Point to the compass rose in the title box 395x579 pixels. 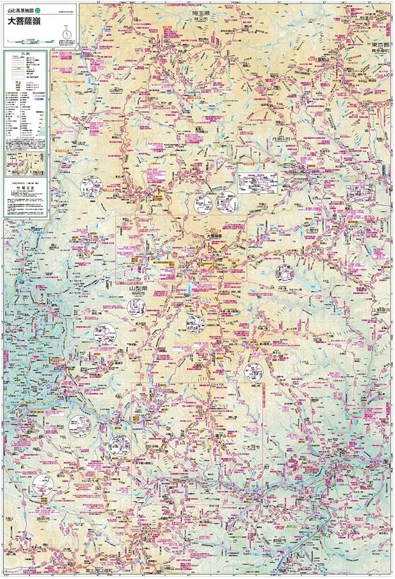click(67, 33)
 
